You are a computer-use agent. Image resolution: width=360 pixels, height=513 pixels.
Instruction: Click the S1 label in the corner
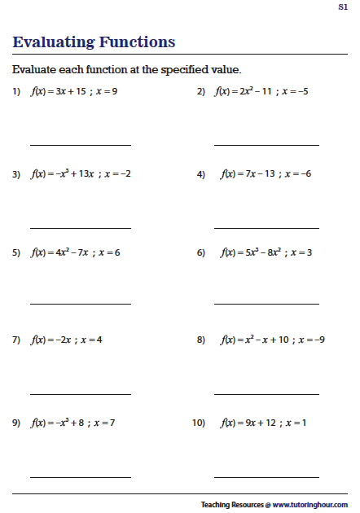343,7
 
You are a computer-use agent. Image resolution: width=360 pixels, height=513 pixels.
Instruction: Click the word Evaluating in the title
54,42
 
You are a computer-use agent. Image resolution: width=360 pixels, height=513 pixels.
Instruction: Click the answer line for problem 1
81,145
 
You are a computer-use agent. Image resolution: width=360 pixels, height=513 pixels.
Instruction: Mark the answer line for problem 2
266,145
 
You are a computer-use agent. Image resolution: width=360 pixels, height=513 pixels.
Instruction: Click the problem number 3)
15,174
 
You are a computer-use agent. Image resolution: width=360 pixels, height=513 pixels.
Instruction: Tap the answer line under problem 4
266,228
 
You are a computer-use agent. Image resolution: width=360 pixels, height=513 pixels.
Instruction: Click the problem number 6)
200,253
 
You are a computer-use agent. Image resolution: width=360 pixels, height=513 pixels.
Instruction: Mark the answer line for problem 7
81,392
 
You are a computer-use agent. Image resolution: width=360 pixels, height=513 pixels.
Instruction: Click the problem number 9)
15,423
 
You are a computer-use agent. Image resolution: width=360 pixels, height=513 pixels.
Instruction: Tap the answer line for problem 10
266,476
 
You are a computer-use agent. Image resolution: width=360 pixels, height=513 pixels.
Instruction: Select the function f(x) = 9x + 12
248,423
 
